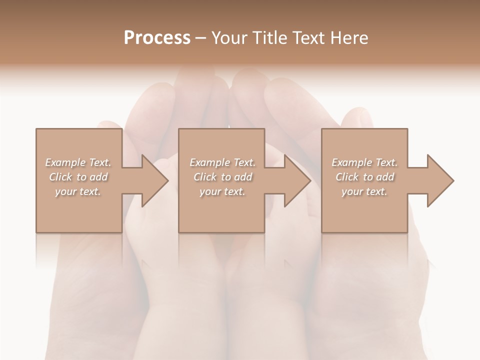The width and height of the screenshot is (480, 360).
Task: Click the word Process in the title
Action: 157,37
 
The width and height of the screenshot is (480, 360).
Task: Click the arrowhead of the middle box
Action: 297,180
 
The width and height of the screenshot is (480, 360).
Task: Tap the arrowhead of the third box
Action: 440,180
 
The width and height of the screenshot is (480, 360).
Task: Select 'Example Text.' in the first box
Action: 78,162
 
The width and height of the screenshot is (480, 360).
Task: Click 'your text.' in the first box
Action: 78,191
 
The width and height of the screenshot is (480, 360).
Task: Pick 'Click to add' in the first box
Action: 78,177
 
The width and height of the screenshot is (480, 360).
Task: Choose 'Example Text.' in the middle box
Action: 222,162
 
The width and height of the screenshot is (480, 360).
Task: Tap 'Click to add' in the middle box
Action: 222,177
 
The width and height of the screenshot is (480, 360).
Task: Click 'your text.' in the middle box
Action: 222,191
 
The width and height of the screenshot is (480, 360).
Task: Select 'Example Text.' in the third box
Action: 364,162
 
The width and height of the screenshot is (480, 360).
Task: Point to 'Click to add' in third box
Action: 364,177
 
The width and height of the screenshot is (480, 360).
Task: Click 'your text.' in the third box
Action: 364,191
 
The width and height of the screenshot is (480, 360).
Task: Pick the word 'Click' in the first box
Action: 60,177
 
